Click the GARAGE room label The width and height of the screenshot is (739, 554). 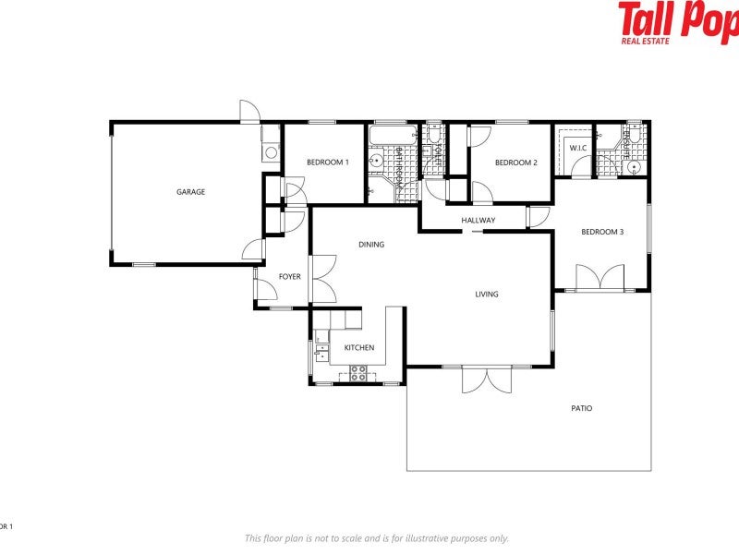click(x=191, y=192)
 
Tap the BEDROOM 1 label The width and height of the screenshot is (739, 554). click(x=328, y=163)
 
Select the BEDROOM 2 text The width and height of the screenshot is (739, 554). click(x=515, y=163)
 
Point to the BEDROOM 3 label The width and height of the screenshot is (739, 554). click(x=602, y=232)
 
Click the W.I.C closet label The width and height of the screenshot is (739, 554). click(x=578, y=148)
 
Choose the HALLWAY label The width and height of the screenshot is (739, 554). click(x=479, y=220)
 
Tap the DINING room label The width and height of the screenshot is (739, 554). click(x=371, y=245)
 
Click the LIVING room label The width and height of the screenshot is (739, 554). click(x=487, y=295)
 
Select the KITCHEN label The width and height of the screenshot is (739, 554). click(x=359, y=347)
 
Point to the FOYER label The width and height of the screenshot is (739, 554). click(x=290, y=277)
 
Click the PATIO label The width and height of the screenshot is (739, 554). click(x=581, y=407)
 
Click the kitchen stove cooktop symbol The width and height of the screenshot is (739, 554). click(x=358, y=373)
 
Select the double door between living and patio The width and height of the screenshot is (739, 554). click(x=486, y=379)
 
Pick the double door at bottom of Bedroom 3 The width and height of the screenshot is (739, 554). click(x=600, y=278)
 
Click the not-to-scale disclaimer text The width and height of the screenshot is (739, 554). click(x=376, y=538)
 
